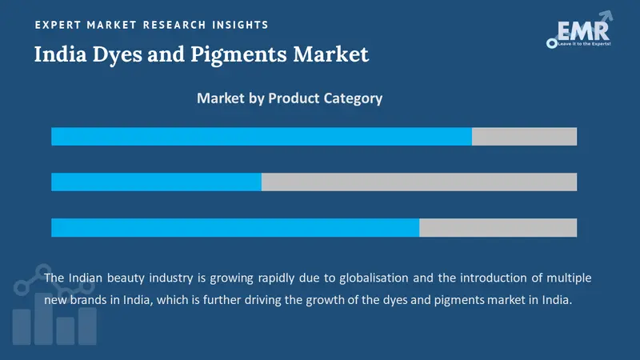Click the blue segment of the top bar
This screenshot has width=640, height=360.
[x=262, y=136]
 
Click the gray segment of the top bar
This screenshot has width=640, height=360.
[x=524, y=136]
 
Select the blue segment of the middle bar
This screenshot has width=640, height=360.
[x=156, y=182]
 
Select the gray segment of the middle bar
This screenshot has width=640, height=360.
[x=418, y=182]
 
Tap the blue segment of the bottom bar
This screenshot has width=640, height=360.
[x=235, y=227]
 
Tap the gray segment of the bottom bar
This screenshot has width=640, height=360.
[x=498, y=227]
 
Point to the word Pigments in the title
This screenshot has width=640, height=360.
[x=247, y=54]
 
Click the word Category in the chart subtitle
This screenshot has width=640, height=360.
[x=353, y=98]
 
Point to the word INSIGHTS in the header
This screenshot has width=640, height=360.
[x=238, y=25]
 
